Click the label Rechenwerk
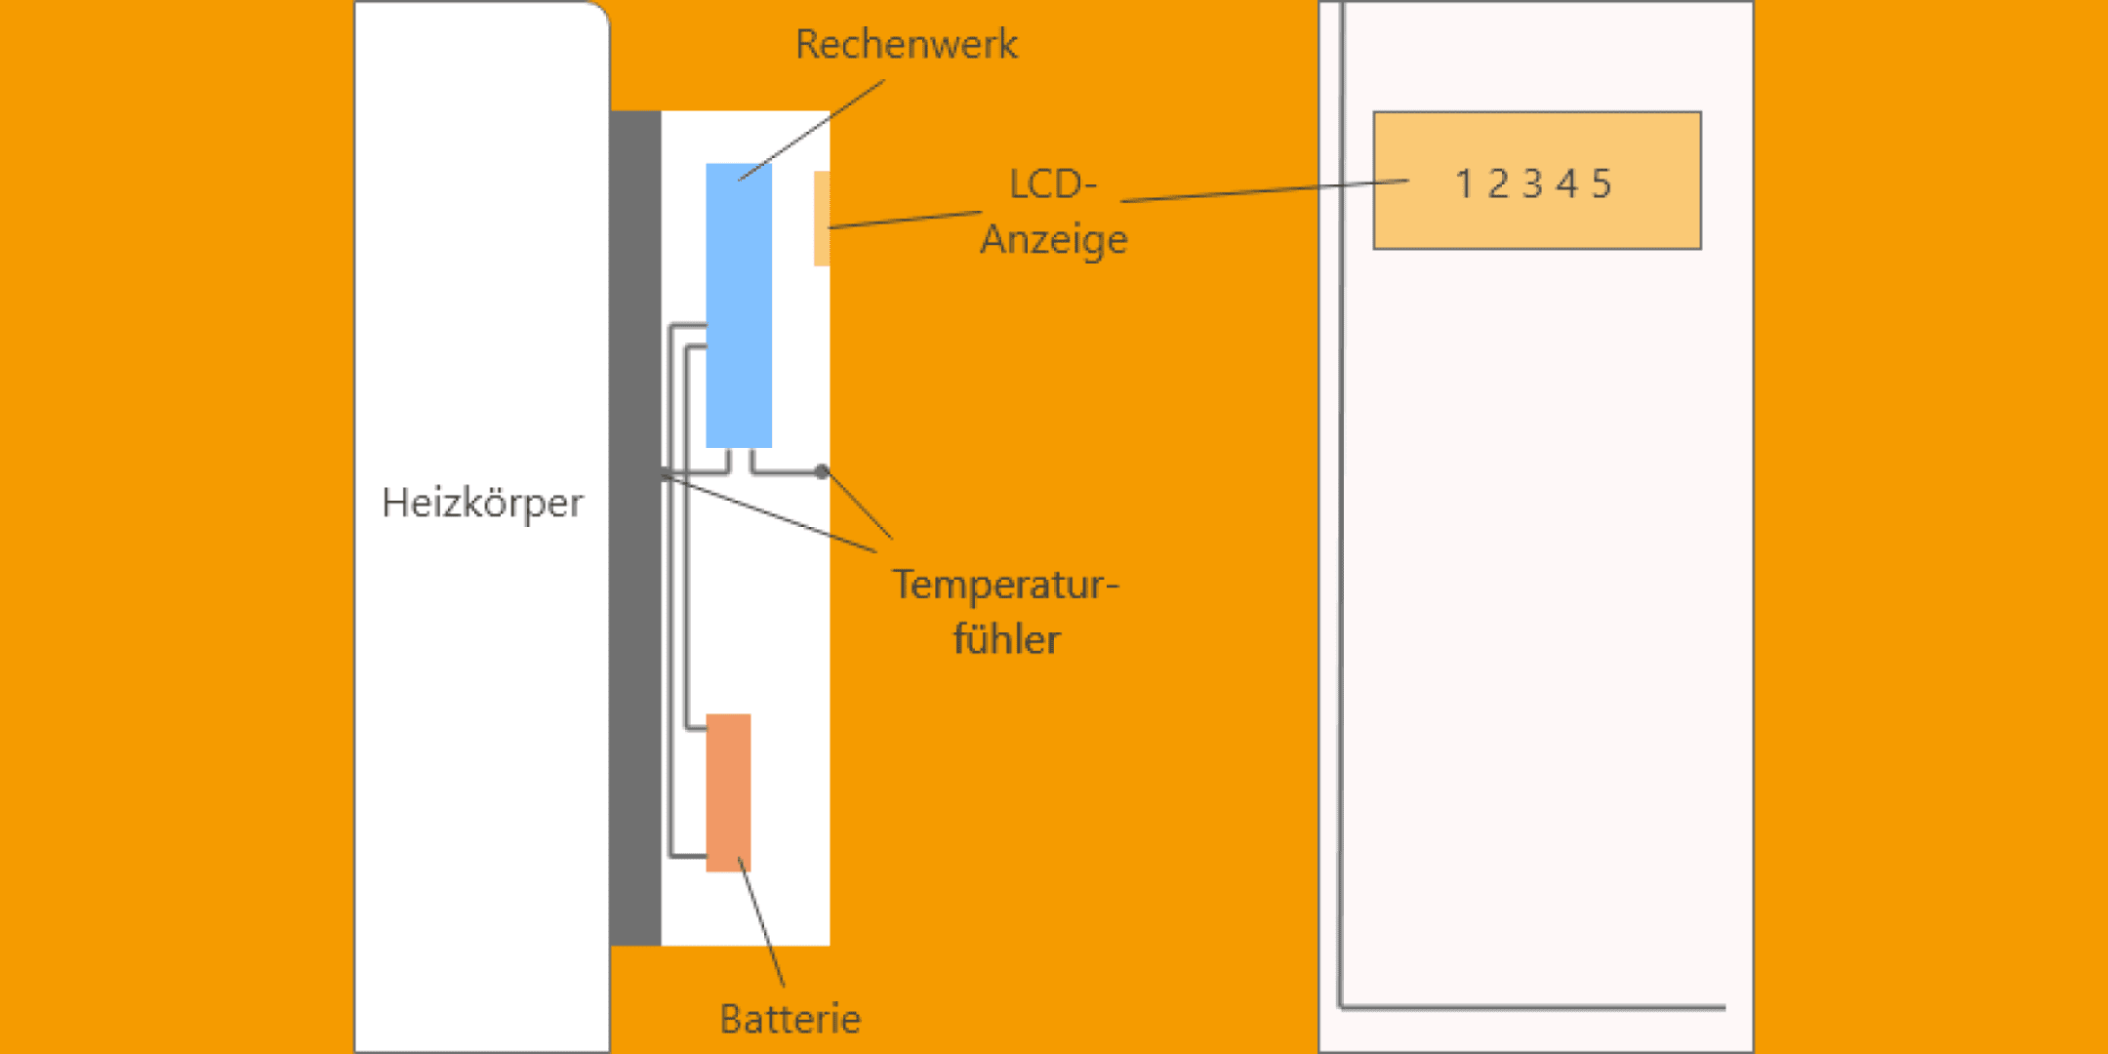906,45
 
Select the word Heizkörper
482,504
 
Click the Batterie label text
790,1019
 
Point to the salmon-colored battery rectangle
728,792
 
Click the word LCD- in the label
1052,183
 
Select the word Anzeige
1054,239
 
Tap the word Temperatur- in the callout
1005,585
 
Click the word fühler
1006,640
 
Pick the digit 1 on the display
1463,183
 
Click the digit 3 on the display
1532,183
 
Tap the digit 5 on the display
1601,183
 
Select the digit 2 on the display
1498,183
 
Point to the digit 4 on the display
1567,183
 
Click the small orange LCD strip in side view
822,219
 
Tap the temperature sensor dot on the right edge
823,471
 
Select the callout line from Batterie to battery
762,923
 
